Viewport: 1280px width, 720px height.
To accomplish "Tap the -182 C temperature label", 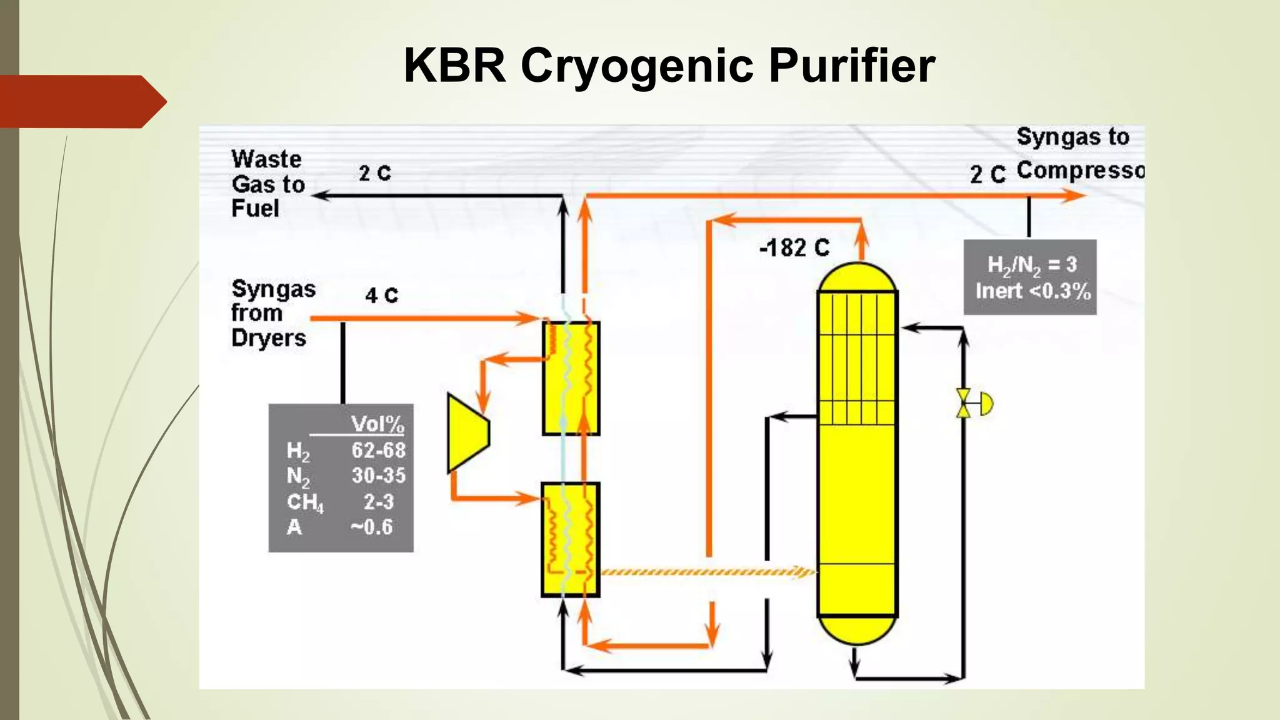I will pos(794,248).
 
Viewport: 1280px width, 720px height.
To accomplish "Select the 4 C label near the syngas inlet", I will pos(381,295).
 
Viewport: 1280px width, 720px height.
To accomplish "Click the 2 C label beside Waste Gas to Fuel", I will pos(374,173).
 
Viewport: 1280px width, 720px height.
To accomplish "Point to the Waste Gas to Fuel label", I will pos(267,184).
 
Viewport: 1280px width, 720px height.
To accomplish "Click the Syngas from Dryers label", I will pos(272,313).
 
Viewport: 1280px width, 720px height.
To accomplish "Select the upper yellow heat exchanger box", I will pos(571,378).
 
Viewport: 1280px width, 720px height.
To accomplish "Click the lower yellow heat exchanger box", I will pos(570,539).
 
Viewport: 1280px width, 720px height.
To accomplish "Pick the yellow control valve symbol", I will pos(964,403).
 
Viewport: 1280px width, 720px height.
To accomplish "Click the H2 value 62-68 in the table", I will pos(378,450).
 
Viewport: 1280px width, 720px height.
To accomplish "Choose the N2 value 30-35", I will pos(378,476).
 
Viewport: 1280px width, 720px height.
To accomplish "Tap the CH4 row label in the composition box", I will pos(305,502).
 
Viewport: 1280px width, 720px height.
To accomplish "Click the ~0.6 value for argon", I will pos(372,527).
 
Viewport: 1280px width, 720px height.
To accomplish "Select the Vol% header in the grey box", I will pos(377,424).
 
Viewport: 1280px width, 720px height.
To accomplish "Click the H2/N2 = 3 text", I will pos(1032,264).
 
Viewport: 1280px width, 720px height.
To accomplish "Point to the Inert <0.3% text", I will pos(1032,291).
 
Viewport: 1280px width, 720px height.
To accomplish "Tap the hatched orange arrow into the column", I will pos(706,572).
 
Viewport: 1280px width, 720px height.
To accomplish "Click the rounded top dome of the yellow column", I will pos(857,277).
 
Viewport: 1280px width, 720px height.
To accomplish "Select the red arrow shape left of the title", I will pos(81,101).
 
